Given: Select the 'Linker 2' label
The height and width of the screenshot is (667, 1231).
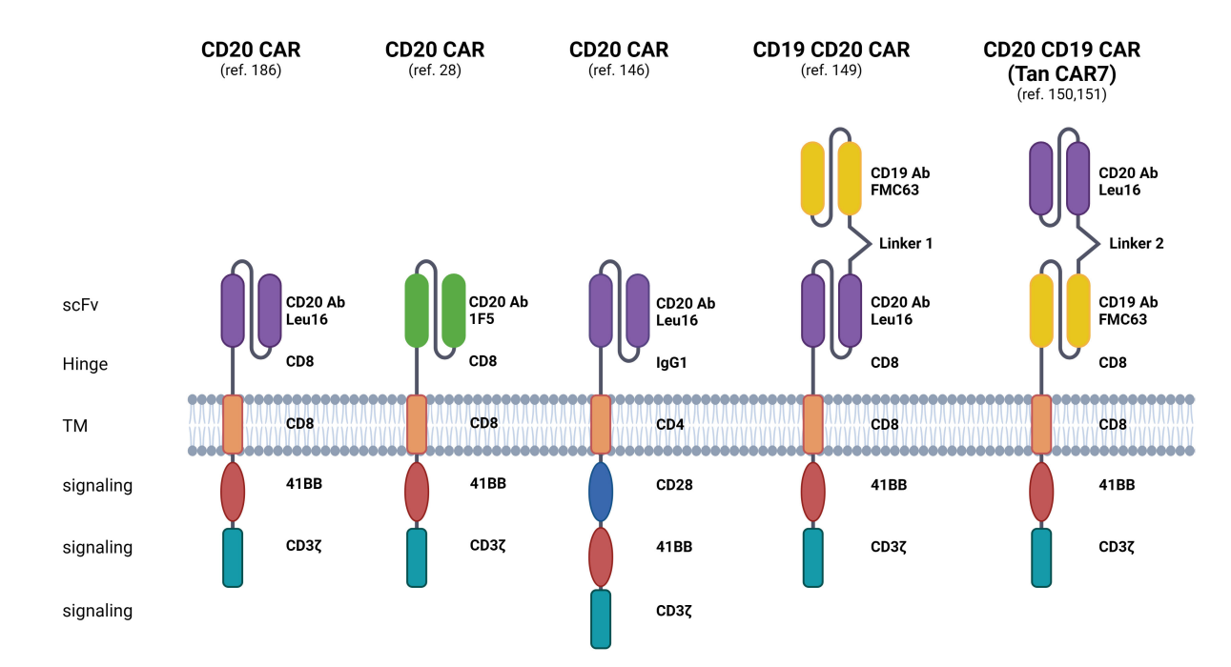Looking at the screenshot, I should pyautogui.click(x=1136, y=243).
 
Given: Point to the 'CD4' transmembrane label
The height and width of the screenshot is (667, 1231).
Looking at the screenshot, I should pyautogui.click(x=670, y=424).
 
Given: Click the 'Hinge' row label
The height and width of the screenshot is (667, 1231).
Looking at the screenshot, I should pyautogui.click(x=84, y=364).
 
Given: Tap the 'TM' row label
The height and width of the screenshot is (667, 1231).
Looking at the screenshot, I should pyautogui.click(x=74, y=426).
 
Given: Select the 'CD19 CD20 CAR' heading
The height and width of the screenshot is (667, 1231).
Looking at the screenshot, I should pyautogui.click(x=831, y=49).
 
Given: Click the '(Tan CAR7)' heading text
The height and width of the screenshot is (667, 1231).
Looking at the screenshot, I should pyautogui.click(x=1061, y=72).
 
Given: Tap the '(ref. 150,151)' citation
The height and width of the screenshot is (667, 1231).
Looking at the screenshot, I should pyautogui.click(x=1061, y=94).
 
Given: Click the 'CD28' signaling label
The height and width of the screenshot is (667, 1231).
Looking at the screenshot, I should pyautogui.click(x=674, y=485).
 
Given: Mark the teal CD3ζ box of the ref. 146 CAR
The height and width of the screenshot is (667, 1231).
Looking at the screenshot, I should pyautogui.click(x=600, y=618).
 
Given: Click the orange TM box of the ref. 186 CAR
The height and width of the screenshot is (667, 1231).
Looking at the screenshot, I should pyautogui.click(x=233, y=424).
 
